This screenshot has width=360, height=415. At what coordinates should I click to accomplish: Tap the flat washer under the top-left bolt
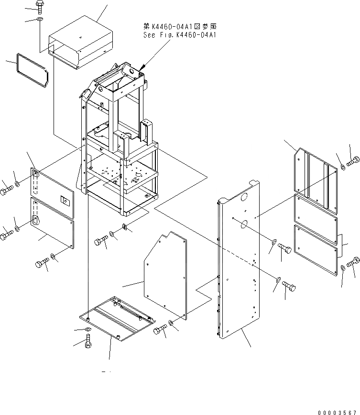coord(38,20)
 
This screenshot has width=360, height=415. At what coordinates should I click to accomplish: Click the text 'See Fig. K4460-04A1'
coord(179,35)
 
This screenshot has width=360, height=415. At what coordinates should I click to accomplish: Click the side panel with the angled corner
coord(165,275)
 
